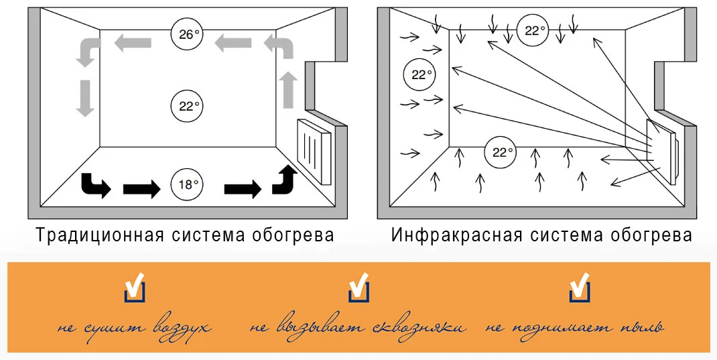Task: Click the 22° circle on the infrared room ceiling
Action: click(533, 30)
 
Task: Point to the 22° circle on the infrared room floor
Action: click(500, 152)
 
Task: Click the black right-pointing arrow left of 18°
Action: click(141, 188)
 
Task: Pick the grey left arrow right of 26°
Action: click(233, 45)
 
